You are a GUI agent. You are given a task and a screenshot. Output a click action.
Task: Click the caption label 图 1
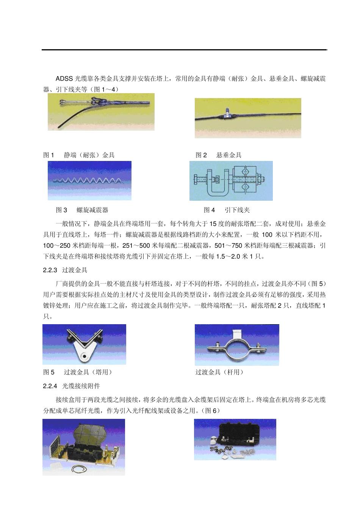point(49,155)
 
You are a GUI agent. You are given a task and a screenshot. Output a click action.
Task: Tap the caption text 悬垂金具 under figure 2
point(229,155)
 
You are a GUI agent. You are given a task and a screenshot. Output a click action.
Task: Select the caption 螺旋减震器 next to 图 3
point(92,210)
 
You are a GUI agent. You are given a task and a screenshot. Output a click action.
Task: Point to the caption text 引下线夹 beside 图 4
point(237,210)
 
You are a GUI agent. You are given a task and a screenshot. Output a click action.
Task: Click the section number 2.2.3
point(50,270)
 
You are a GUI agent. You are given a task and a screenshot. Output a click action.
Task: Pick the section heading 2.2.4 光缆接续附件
point(72,386)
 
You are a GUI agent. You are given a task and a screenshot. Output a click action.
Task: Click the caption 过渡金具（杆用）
point(219,372)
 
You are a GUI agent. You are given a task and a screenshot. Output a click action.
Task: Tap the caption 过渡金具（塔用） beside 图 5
point(88,372)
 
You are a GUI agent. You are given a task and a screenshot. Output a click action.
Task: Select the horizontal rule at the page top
point(184,50)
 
